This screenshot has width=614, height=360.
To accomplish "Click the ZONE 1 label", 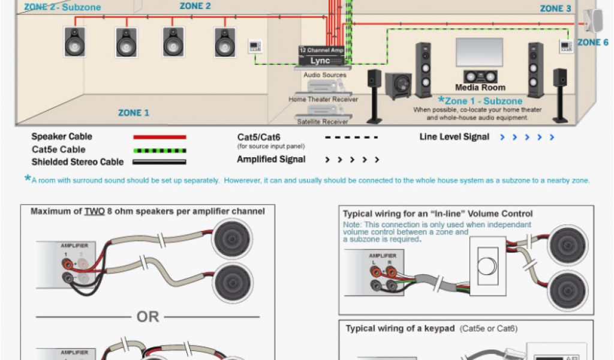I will point(134,113).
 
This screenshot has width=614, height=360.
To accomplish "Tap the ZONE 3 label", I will point(555,8).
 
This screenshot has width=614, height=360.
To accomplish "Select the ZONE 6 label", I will point(592,43).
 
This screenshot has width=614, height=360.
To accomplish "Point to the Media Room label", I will point(480,88).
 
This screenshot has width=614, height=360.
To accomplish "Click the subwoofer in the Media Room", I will point(398,85).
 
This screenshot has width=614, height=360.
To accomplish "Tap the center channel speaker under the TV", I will point(480,77).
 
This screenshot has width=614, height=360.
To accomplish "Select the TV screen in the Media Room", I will point(479,53).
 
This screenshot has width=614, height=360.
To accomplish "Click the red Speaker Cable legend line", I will point(159,137).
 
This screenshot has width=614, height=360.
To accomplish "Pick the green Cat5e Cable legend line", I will point(159,150).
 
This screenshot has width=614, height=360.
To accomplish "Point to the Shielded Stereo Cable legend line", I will point(159,162).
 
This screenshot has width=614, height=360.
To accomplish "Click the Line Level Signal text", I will point(455,137).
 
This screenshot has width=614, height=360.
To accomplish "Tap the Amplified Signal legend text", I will point(271,160).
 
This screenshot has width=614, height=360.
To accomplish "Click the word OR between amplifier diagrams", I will point(148,316).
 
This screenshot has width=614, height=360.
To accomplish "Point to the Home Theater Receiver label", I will point(324,100).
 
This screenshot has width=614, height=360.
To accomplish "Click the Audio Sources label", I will point(325,75).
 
